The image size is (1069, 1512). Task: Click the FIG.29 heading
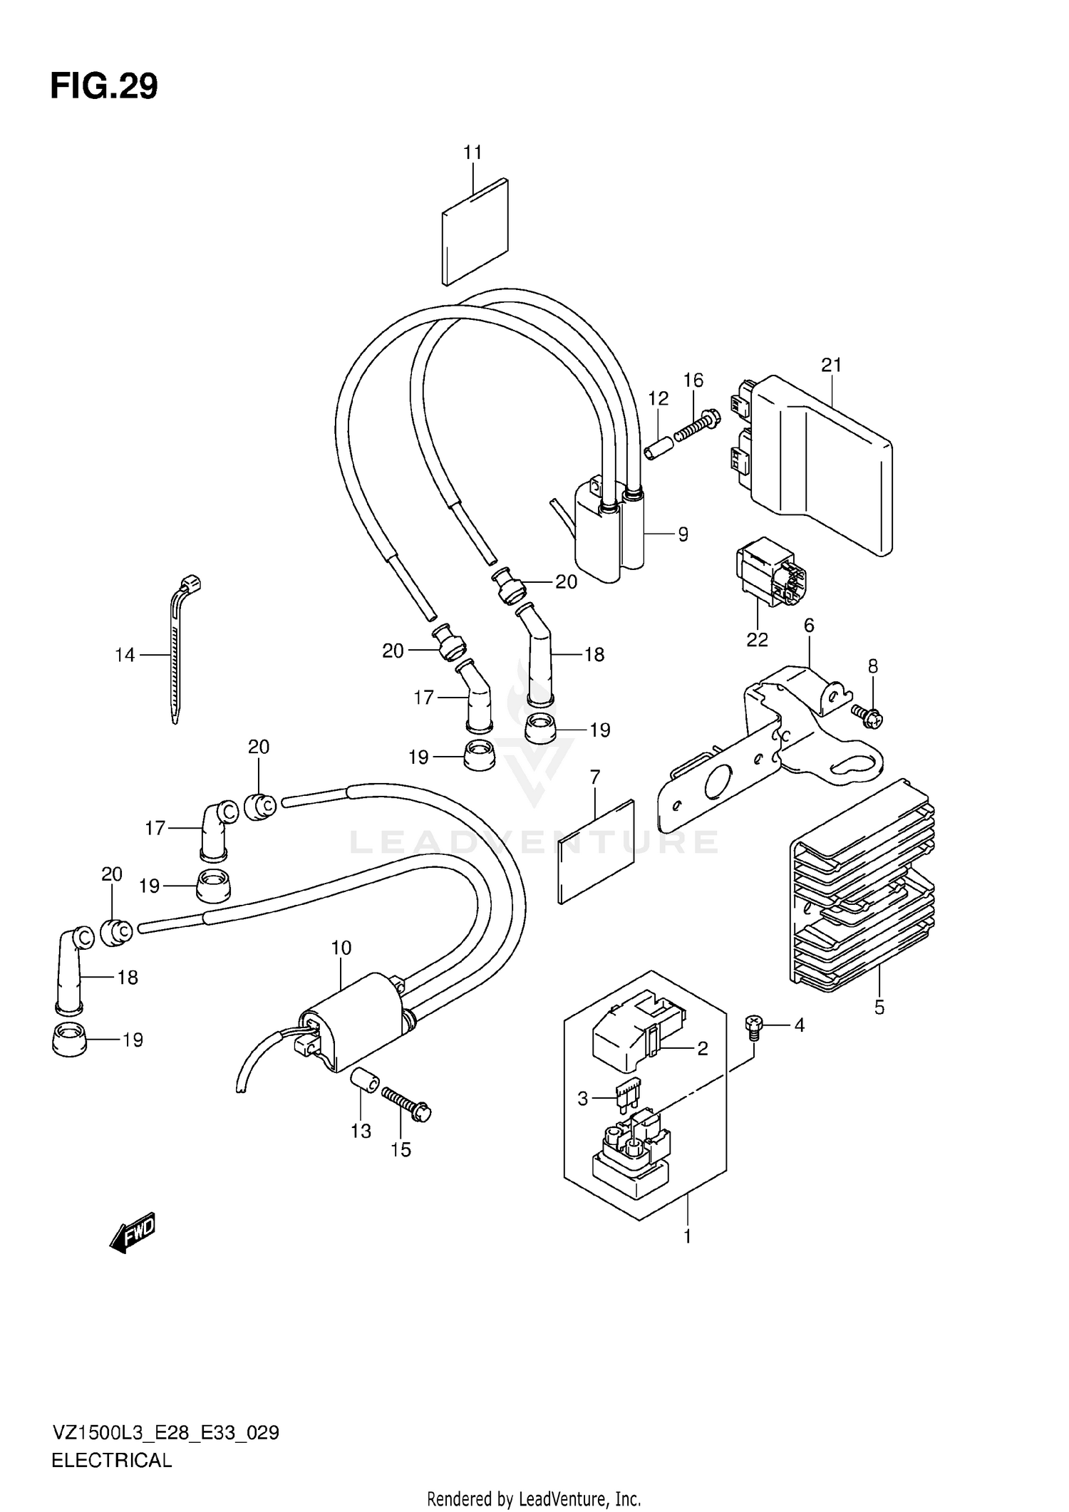pyautogui.click(x=104, y=87)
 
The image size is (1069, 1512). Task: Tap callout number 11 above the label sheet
pyautogui.click(x=472, y=152)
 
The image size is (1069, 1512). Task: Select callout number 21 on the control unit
pyautogui.click(x=832, y=366)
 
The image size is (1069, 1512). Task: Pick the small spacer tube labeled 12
pyautogui.click(x=658, y=450)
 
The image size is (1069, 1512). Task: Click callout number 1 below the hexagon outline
pyautogui.click(x=688, y=1237)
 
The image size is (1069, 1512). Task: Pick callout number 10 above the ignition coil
pyautogui.click(x=341, y=948)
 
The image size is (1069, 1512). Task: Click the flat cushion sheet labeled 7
pyautogui.click(x=596, y=852)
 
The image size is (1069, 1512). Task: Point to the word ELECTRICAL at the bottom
pyautogui.click(x=112, y=1460)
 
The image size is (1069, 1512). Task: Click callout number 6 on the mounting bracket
pyautogui.click(x=808, y=626)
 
